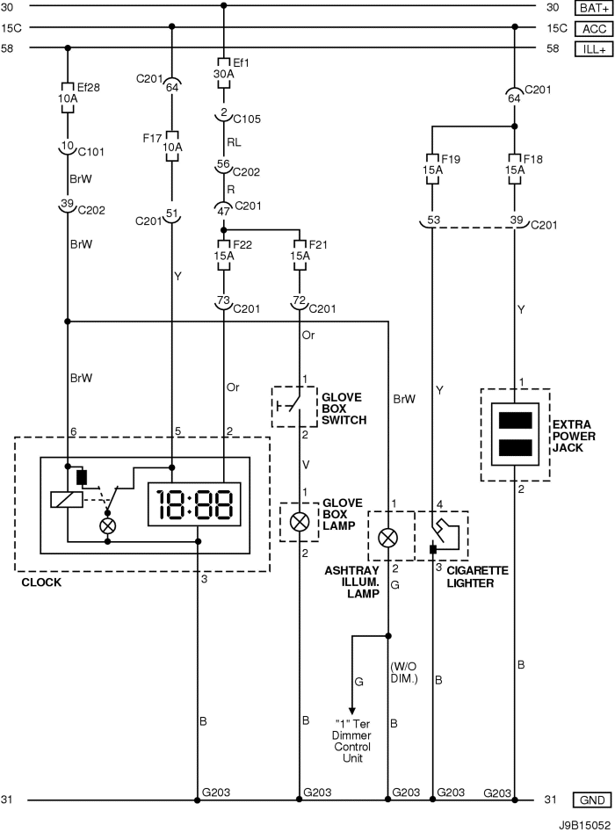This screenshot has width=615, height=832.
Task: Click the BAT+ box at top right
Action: tap(592, 8)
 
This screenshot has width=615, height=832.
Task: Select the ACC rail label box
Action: tap(592, 28)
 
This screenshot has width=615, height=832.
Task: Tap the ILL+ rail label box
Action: tap(592, 49)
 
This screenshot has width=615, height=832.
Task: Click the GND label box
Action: tap(592, 800)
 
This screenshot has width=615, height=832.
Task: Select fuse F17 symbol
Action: tap(172, 145)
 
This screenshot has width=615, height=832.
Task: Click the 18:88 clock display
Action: tap(194, 504)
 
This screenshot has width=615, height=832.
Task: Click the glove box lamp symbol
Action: tap(300, 521)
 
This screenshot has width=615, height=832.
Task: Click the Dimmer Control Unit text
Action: tap(355, 746)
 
